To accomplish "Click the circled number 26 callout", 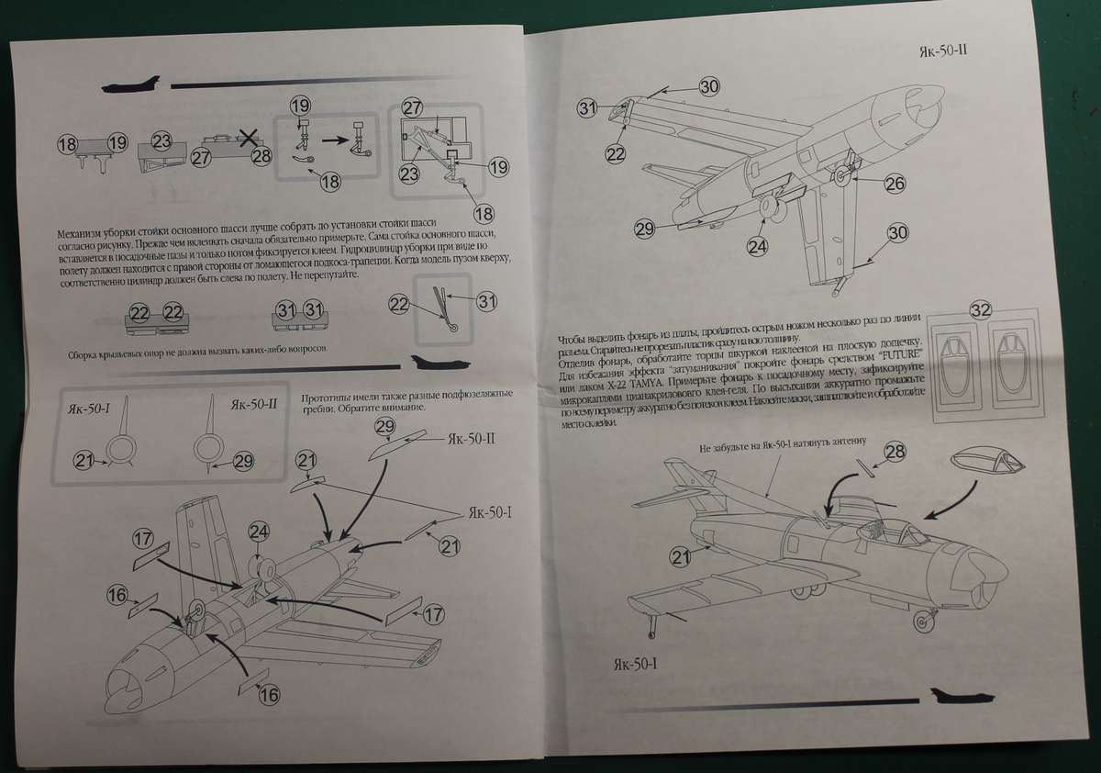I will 895,184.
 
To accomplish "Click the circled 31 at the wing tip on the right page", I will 588,107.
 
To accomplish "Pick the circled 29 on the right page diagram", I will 644,227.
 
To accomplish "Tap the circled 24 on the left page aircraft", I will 260,532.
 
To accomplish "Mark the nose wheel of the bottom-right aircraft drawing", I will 921,622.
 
